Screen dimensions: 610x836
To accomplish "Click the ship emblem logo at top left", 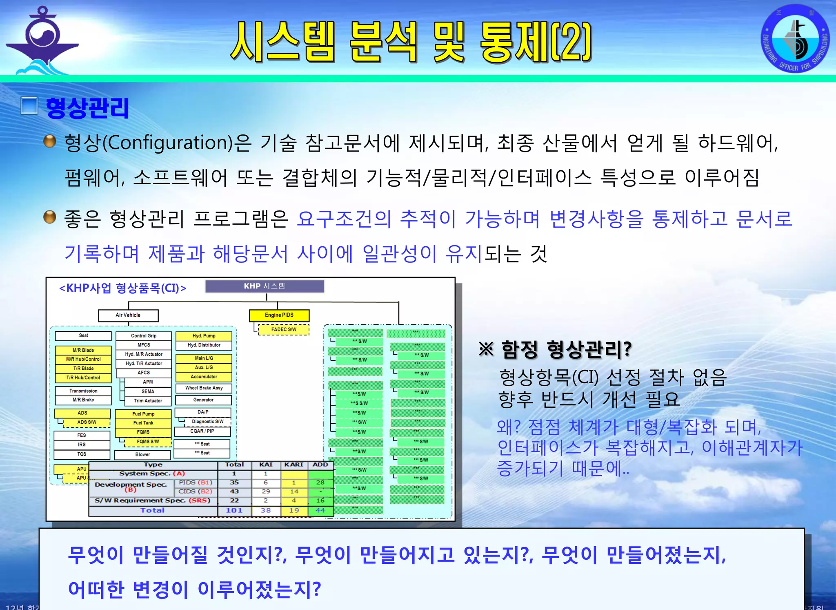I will pyautogui.click(x=42, y=41).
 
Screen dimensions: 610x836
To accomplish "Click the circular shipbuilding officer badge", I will pyautogui.click(x=795, y=39).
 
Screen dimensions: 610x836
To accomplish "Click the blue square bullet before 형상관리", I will pyautogui.click(x=29, y=106).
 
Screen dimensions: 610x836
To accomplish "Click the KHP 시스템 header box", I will pyautogui.click(x=265, y=286).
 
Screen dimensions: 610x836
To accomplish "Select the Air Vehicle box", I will pyautogui.click(x=128, y=315).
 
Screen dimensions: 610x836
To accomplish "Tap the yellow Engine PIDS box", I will pyautogui.click(x=279, y=315).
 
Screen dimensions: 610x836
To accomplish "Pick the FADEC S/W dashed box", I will pyautogui.click(x=284, y=330).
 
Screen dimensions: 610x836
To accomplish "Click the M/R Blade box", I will pyautogui.click(x=83, y=351).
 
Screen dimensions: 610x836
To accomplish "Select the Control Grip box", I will pyautogui.click(x=144, y=336).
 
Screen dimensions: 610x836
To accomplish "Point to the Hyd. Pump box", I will pyautogui.click(x=204, y=336).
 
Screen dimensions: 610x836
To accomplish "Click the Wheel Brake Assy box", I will pyautogui.click(x=204, y=388).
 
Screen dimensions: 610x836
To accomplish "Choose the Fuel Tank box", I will pyautogui.click(x=143, y=423).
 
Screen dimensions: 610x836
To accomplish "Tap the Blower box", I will pyautogui.click(x=143, y=455).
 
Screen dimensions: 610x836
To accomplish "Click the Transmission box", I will pyautogui.click(x=83, y=391).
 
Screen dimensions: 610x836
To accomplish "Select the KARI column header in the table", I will pyautogui.click(x=293, y=465).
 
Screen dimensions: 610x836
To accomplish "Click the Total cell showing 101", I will pyautogui.click(x=234, y=511).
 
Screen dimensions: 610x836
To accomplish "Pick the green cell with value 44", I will pyautogui.click(x=320, y=511).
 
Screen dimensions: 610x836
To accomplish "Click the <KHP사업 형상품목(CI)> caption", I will pyautogui.click(x=123, y=288).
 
